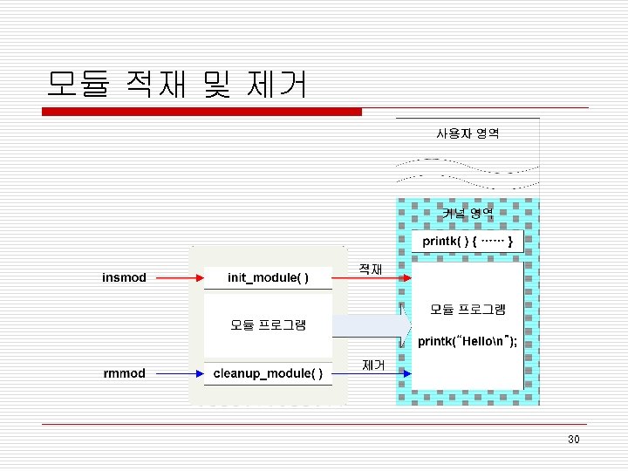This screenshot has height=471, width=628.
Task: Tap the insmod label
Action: pyautogui.click(x=124, y=278)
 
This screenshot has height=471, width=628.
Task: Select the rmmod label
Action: pyautogui.click(x=124, y=373)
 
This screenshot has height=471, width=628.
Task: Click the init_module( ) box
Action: pyautogui.click(x=268, y=278)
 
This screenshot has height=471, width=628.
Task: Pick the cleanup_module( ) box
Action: pyautogui.click(x=268, y=373)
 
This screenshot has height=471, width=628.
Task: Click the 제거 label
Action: pyautogui.click(x=372, y=365)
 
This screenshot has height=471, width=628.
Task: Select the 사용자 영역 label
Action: pyautogui.click(x=468, y=133)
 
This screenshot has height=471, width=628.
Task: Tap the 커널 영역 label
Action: pyautogui.click(x=468, y=212)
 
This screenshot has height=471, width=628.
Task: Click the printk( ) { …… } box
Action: pyautogui.click(x=468, y=240)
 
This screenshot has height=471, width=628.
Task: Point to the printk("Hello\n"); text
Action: pyautogui.click(x=468, y=341)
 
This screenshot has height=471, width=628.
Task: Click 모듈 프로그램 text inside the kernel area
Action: pyautogui.click(x=468, y=309)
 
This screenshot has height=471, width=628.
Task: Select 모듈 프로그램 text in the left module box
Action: pyautogui.click(x=268, y=325)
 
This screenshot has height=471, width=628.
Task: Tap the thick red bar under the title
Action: pyautogui.click(x=202, y=112)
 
